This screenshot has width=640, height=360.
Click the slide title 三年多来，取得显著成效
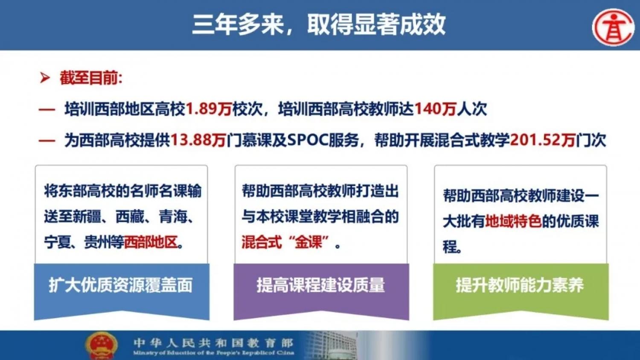(319, 25)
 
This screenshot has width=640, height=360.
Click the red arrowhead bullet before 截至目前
(44, 78)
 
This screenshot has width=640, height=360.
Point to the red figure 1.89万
(209, 109)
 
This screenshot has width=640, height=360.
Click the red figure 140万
(435, 109)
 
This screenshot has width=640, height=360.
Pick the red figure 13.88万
(198, 140)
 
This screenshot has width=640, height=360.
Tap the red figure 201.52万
(542, 140)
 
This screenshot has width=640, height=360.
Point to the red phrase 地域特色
(513, 221)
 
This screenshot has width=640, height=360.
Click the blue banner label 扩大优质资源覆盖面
(121, 285)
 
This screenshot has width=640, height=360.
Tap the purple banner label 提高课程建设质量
(320, 285)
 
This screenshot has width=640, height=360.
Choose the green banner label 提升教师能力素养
(520, 285)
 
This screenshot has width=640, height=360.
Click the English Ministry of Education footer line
(213, 353)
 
